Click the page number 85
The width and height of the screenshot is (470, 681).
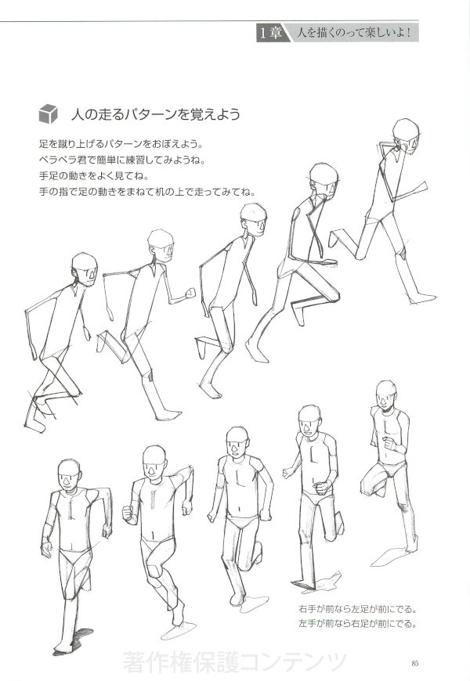tap(414, 663)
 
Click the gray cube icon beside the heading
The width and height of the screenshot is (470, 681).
tap(48, 113)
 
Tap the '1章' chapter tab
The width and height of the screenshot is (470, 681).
tap(271, 33)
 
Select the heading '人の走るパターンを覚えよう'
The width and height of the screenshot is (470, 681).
tap(156, 114)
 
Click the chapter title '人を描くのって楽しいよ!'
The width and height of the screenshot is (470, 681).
tap(353, 33)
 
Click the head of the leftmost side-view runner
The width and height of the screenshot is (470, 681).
tap(85, 269)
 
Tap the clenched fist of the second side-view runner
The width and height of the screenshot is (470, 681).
tap(190, 294)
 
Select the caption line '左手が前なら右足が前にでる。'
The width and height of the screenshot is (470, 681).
tap(358, 624)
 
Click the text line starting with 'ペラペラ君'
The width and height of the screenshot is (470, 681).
tap(122, 160)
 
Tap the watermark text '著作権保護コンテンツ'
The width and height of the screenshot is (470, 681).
tap(235, 662)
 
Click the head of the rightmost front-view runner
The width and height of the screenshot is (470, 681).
tap(386, 395)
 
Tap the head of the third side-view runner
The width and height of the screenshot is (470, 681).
tap(254, 219)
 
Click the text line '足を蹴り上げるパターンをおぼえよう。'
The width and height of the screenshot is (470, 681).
tap(121, 143)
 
